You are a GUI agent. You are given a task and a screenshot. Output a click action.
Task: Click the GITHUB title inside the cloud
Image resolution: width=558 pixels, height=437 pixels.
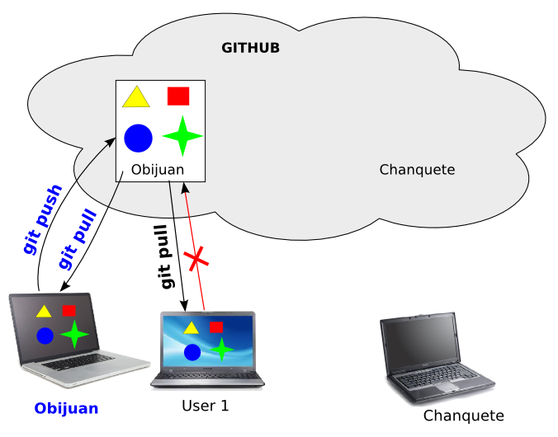[x=250, y=48]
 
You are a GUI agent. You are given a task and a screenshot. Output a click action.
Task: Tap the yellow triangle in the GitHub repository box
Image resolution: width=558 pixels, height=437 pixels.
[x=135, y=98]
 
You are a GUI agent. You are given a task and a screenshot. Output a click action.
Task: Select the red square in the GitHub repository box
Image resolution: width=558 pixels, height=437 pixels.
[x=178, y=96]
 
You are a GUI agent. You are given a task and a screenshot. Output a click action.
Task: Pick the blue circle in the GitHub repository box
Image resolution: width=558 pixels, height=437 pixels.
[x=138, y=138]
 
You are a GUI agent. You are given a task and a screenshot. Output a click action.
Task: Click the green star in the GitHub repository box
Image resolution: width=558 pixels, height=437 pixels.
[x=182, y=136]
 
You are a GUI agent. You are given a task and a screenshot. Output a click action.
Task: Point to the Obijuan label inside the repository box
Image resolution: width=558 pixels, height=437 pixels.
[x=157, y=171]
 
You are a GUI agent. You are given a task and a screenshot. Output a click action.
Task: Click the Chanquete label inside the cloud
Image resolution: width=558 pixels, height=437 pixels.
[x=417, y=170]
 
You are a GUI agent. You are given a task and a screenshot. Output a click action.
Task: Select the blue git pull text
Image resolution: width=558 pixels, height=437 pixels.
[x=78, y=240]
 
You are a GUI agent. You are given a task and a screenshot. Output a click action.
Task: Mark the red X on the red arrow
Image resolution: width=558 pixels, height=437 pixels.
[x=197, y=260]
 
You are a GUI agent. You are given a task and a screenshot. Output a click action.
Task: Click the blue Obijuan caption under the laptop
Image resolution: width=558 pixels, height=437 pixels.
[x=66, y=408]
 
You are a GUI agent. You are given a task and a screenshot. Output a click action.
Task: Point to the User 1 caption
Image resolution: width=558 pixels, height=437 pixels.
[x=205, y=406]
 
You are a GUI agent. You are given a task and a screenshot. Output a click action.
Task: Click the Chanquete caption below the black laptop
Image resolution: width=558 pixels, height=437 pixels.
[x=463, y=416]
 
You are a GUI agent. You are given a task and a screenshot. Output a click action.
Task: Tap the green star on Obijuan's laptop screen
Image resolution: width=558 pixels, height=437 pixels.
[x=74, y=334]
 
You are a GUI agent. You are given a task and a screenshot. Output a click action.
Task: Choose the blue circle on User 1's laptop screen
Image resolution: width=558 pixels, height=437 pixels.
[x=192, y=352]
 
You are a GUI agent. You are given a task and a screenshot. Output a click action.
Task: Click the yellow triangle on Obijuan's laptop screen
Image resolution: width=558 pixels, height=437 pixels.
[x=43, y=312]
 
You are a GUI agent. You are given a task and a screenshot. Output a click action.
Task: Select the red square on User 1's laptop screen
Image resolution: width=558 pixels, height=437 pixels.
[x=215, y=327]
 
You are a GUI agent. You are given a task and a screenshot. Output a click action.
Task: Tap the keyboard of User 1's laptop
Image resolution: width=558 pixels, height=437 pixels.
[x=208, y=376]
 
